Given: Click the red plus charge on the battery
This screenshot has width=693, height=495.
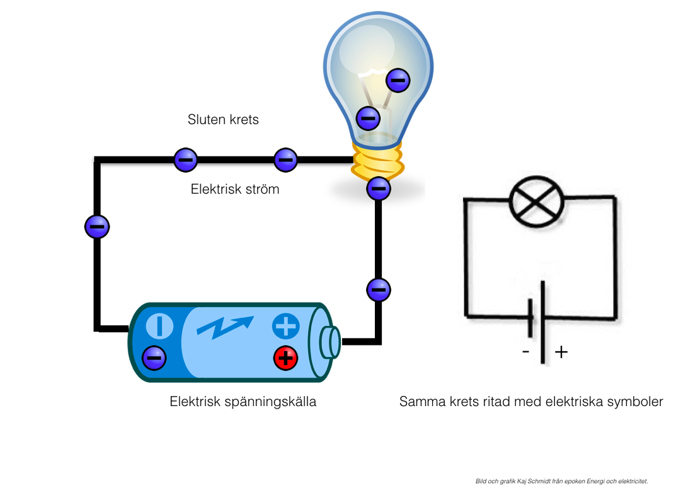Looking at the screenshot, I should coord(285,358).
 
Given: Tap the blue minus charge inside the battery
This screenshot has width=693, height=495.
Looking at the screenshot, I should coord(154,358).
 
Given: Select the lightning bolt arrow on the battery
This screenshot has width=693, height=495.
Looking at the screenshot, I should coord(225,326).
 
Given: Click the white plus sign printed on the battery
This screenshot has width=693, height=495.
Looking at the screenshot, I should coord(285,326).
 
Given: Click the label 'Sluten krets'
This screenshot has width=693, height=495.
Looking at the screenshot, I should coord(223,119).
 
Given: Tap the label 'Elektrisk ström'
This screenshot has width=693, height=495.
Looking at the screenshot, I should coord(235,189).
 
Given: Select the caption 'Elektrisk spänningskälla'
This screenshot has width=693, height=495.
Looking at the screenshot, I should coord(243,401).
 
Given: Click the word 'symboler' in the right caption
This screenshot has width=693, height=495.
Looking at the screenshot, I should coord(634,401).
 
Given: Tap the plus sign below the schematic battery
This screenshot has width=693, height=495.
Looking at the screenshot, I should coord(561,352).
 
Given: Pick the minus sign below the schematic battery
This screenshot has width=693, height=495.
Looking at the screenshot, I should coord(526,352).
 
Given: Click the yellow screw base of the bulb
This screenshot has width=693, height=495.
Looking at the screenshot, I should coord(377,161).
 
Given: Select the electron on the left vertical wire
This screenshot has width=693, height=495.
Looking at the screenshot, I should coord(97,226).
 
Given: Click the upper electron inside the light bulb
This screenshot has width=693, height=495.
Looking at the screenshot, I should coord(398,79).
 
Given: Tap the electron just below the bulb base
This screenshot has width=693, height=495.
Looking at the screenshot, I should coord(379,187).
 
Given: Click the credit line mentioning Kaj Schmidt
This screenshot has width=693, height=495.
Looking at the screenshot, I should coord(561,481).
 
